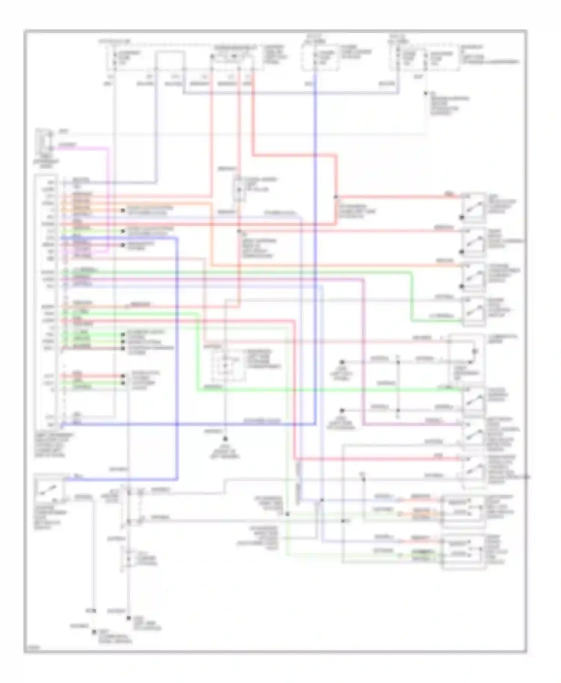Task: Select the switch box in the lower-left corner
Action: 49,490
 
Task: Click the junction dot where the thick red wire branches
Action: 335,197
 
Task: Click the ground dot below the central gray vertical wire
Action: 226,439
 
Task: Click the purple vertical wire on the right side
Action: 364,351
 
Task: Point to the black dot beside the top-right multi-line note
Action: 426,94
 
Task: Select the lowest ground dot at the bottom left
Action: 94,632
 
